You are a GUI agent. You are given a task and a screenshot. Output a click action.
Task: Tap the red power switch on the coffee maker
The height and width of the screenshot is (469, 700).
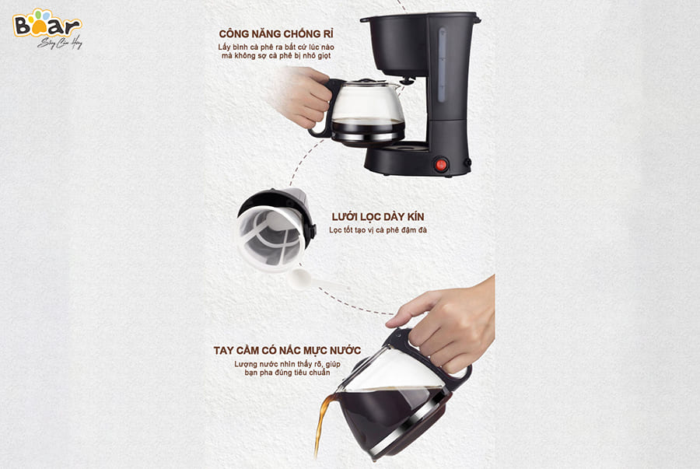pos(441,165)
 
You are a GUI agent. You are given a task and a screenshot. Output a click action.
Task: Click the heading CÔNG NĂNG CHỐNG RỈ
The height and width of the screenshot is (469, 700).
pos(276,34)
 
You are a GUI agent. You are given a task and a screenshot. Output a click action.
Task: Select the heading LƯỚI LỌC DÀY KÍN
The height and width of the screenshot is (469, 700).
pos(378,217)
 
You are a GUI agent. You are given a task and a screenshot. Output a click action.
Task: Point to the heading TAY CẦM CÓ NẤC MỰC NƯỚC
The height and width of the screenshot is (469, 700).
pos(287,351)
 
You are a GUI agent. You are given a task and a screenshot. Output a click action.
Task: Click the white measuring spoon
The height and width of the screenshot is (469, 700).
pos(313,280)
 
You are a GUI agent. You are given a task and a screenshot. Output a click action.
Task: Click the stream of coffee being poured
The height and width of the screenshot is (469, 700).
pos(322,423)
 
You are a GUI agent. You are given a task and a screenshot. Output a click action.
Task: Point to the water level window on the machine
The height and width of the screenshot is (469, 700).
pos(442,65)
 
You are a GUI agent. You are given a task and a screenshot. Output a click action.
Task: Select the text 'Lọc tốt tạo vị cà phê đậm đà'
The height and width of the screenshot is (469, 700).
pos(378,230)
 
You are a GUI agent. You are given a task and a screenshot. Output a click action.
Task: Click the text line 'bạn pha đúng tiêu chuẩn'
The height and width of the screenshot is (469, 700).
pos(287,373)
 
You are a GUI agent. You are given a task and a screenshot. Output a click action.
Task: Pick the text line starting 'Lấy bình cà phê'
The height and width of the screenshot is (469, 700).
pos(276,47)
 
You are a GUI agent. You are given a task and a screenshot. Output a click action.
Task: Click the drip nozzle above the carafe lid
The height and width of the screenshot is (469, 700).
pos(407,81)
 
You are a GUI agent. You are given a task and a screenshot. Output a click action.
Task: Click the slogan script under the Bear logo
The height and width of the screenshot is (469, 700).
pos(60,43)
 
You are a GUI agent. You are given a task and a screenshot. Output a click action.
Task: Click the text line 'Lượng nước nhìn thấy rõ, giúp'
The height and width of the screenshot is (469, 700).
pos(287,364)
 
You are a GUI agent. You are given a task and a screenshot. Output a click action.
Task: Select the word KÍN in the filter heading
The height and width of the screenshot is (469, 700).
pos(415,217)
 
